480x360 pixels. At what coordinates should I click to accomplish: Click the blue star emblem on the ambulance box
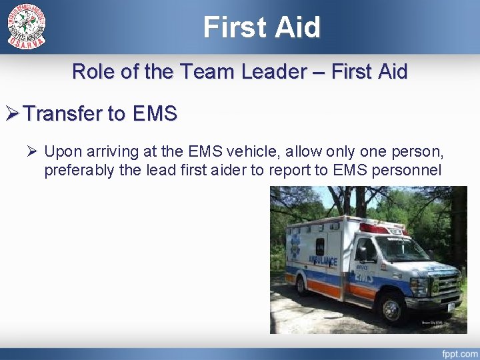pos(294,245)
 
